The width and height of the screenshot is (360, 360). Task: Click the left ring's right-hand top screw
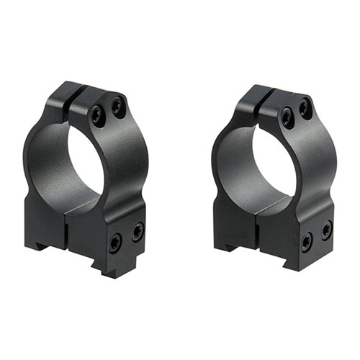coord(116,107)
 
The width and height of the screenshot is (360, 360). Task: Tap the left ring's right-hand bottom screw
coord(137,230)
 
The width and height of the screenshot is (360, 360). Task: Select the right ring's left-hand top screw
coord(287,117)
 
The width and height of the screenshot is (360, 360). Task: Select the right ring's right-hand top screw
coord(305,108)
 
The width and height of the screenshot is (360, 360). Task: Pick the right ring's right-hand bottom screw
coord(326,230)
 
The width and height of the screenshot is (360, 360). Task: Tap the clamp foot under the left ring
coord(108,270)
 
